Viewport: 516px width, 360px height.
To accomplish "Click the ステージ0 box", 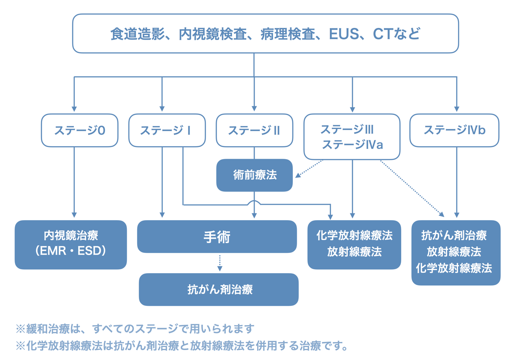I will click(80, 130).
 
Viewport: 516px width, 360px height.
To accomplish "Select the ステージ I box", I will click(167, 130).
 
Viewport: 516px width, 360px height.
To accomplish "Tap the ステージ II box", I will click(254, 130).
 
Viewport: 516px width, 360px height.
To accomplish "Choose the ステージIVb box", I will click(454, 130).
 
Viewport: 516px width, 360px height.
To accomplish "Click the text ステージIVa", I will click(352, 145).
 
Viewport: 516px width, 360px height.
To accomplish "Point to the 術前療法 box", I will click(255, 175).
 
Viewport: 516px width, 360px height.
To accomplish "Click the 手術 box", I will click(217, 237).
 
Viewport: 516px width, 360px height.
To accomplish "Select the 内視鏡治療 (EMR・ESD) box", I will click(71, 245).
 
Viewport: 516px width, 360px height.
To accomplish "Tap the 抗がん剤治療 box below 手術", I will click(218, 289).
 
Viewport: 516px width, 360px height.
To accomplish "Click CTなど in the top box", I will click(396, 34).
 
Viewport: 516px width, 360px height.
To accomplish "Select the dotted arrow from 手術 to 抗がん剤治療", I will click(220, 262).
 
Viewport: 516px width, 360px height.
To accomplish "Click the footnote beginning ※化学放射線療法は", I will click(181, 345).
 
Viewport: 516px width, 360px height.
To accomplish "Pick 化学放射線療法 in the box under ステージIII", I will click(354, 236).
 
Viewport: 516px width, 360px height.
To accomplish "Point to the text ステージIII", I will click(347, 129).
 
